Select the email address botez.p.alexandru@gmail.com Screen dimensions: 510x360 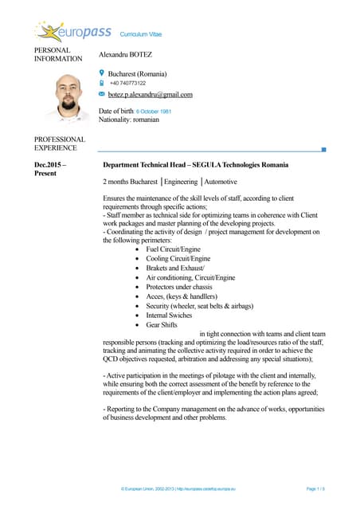pos(151,94)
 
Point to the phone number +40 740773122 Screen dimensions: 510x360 pos(127,83)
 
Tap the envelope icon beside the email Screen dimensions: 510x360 pos(102,93)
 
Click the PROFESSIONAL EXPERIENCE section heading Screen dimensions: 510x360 pos(56,143)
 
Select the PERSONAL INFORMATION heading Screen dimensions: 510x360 pos(57,54)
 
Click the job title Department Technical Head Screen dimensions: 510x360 pos(143,165)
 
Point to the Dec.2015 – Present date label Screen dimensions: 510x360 pos(49,169)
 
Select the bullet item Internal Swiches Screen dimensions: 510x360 pos(169,316)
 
